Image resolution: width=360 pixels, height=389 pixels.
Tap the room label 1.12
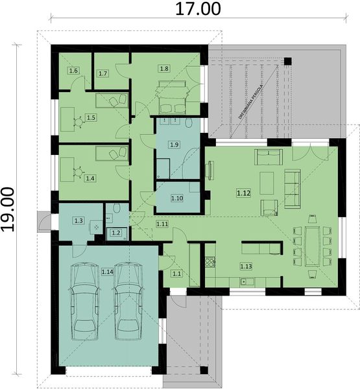[244, 193]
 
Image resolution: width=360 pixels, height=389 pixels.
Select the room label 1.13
[246, 266]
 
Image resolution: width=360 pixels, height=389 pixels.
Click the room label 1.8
[164, 68]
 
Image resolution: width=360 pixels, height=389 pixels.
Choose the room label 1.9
[173, 144]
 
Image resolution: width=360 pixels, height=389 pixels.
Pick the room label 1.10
[177, 198]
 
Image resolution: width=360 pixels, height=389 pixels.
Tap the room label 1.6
[74, 70]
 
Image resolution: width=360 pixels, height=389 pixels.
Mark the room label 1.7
[102, 74]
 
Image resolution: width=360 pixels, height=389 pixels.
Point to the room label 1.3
[78, 221]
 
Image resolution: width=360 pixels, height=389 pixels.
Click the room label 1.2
[116, 233]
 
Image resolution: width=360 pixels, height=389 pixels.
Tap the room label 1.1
[176, 274]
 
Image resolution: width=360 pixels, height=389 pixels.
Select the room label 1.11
[162, 224]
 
